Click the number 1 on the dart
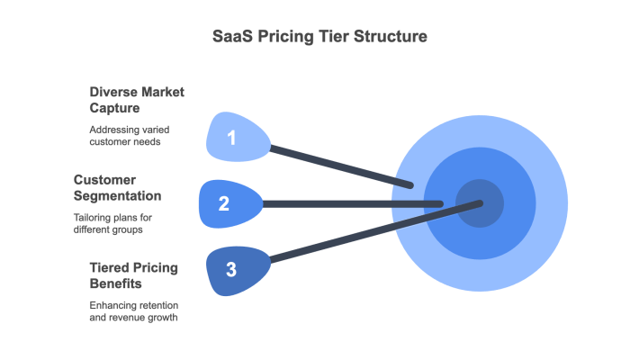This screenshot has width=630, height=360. pyautogui.click(x=232, y=138)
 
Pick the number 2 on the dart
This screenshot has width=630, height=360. pyautogui.click(x=224, y=203)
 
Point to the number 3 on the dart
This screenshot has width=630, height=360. pyautogui.click(x=231, y=269)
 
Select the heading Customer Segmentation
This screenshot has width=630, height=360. pyautogui.click(x=117, y=186)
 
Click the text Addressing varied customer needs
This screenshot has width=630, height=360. pyautogui.click(x=129, y=135)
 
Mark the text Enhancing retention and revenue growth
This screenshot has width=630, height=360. pyautogui.click(x=134, y=311)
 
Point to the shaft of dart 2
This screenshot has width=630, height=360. pyautogui.click(x=351, y=204)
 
